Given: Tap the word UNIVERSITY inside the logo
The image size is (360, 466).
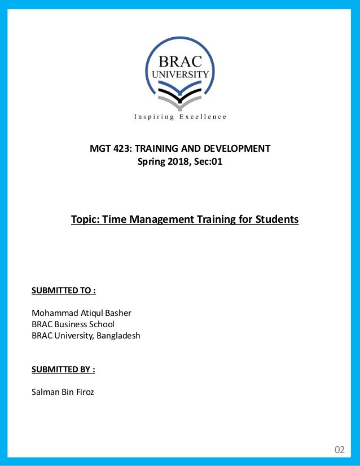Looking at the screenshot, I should point(180,74).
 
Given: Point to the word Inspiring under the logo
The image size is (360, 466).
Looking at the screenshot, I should point(153,117).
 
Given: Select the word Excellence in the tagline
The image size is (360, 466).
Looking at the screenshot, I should point(203,117).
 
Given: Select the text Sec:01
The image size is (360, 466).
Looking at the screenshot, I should point(209,162).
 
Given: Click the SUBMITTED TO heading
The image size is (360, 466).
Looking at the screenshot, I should point(63,291).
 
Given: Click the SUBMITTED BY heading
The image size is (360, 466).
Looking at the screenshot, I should point(63,370).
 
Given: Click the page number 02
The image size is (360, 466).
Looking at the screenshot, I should point(339,450).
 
